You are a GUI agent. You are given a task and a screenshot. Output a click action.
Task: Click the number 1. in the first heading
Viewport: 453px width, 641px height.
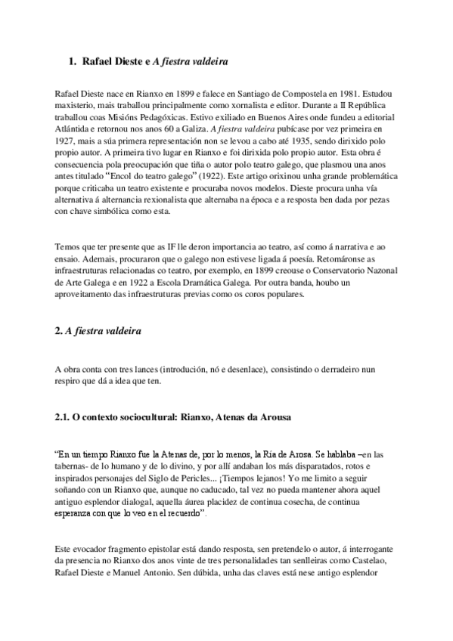(73, 60)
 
